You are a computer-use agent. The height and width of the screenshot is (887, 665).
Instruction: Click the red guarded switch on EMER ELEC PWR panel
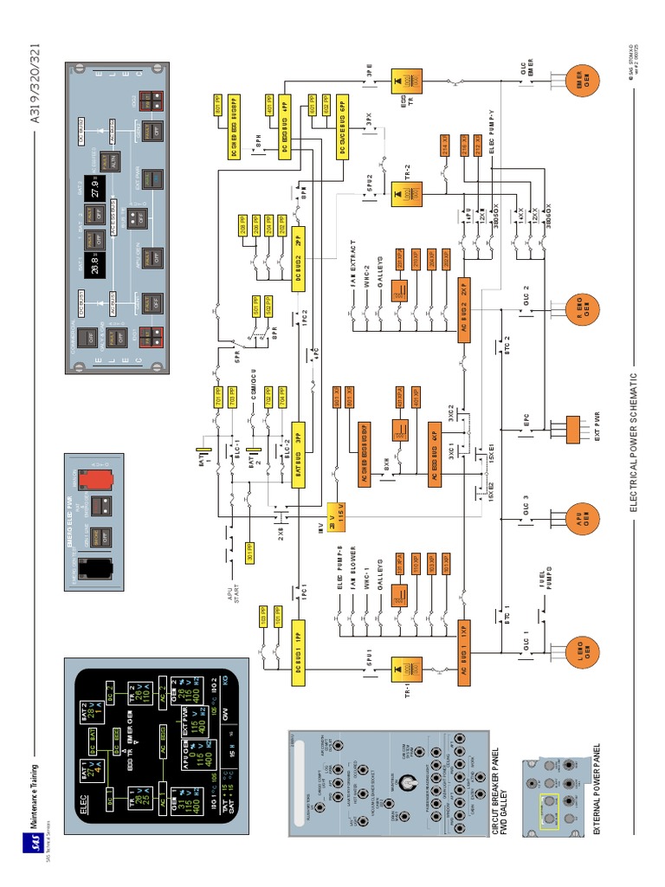pos(92,482)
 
